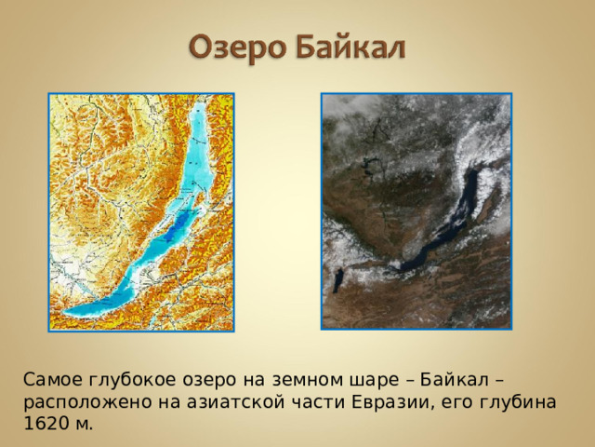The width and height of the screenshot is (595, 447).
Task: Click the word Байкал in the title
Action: point(351,47)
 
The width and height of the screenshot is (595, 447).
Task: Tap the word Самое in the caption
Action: point(53,381)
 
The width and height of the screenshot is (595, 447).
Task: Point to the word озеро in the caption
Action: point(209,381)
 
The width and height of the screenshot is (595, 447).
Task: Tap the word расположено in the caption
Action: point(78,402)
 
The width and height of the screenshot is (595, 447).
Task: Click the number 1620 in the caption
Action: point(45,424)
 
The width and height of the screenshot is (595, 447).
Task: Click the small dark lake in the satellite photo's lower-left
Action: point(339,277)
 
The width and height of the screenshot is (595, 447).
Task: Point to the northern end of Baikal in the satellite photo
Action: point(480,173)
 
